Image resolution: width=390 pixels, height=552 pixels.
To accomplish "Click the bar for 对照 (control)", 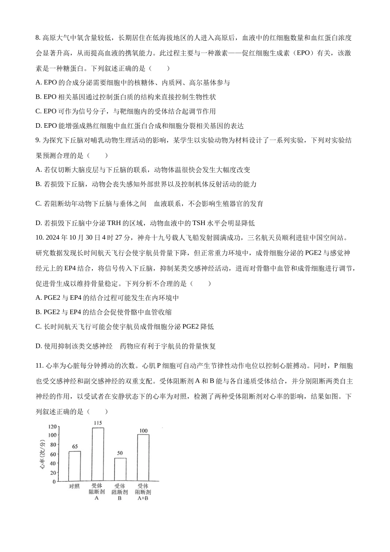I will (x=75, y=466).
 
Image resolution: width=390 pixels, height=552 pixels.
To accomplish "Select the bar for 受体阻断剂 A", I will (x=98, y=454).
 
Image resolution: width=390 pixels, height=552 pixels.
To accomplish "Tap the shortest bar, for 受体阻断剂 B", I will (x=120, y=469).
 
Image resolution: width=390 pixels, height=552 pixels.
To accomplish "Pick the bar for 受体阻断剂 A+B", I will (x=143, y=457).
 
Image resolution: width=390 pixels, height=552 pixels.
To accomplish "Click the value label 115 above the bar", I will (x=98, y=423).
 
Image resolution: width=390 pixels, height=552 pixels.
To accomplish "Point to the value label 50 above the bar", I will (x=120, y=453).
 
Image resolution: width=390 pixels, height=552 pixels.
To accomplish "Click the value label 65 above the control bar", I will (x=75, y=446).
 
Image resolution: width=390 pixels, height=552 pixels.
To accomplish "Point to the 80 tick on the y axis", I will (x=53, y=445).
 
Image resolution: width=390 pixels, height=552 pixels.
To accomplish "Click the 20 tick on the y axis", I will (x=53, y=473).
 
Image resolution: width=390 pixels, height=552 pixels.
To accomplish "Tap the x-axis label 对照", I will (x=74, y=486).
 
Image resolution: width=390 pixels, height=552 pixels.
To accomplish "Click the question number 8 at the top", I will (x=38, y=38).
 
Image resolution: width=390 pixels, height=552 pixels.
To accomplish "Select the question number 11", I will (x=39, y=366).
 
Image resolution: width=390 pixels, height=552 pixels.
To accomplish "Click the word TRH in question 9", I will (x=115, y=223).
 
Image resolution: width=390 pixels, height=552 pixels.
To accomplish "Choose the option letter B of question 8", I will (x=38, y=97).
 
